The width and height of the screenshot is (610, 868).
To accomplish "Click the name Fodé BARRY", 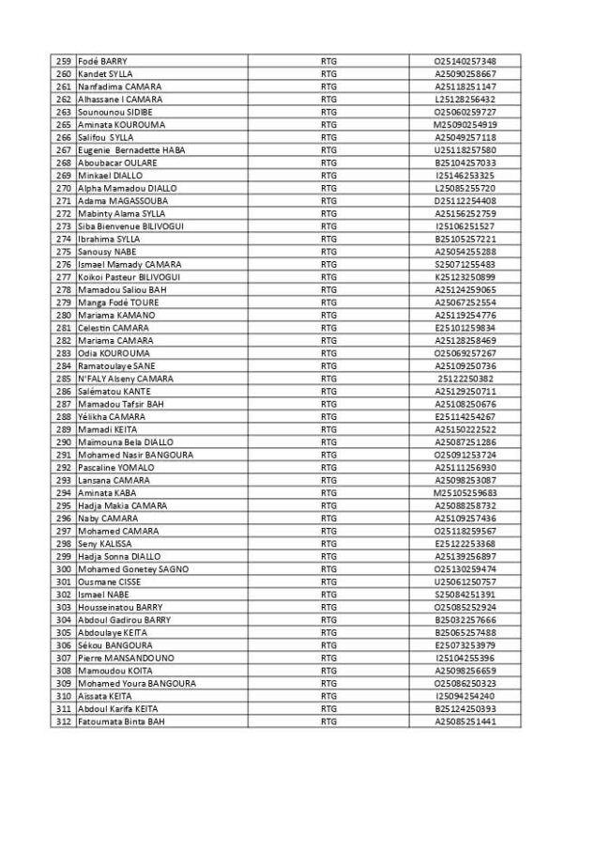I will (103, 61).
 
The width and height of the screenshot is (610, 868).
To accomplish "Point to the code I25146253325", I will (465, 175).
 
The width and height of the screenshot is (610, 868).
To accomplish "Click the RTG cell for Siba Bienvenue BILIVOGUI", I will (328, 225).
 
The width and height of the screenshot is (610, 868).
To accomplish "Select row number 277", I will (64, 277).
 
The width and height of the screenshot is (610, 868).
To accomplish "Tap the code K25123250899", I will (465, 277).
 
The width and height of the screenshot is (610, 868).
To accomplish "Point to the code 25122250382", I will (465, 379).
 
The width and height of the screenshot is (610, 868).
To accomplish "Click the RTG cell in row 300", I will (328, 569).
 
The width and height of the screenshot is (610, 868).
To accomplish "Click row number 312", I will (64, 721).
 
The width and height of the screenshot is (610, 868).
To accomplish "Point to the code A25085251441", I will (465, 721).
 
